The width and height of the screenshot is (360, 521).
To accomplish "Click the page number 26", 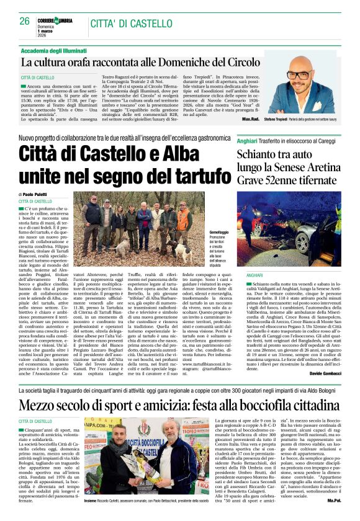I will click(x=24, y=20).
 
